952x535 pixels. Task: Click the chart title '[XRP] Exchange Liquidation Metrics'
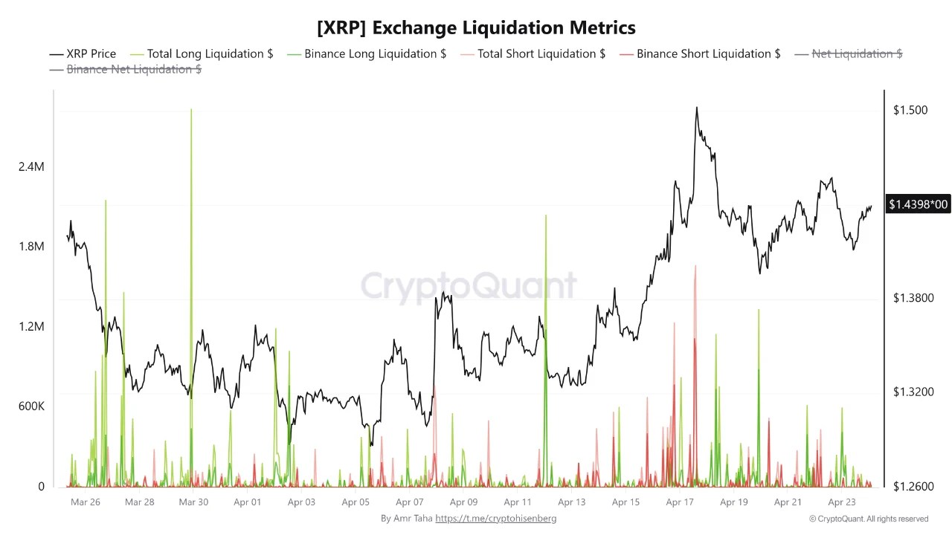476,28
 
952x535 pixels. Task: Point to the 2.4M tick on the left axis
31,167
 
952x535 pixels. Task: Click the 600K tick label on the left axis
31,406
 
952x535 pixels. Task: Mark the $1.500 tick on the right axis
910,110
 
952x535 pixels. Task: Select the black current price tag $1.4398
918,204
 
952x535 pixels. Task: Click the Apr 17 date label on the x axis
679,502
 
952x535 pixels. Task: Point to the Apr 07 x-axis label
409,502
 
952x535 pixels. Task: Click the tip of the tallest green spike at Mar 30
191,110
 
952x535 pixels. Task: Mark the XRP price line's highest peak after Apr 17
696,108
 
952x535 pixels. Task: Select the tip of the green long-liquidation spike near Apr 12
546,215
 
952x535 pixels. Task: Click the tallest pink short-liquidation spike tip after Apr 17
695,266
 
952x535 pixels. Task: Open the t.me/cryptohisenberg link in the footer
495,518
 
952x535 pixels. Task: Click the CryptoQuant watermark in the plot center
469,286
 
